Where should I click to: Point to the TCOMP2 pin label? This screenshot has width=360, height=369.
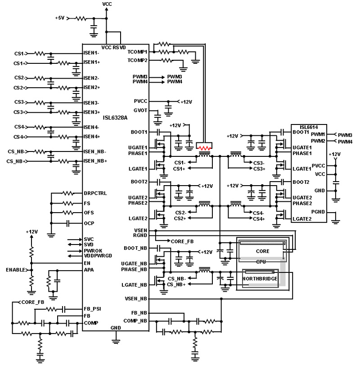(138, 60)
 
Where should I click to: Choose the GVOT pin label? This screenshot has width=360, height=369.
(140, 110)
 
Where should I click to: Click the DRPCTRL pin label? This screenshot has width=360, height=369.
(95, 193)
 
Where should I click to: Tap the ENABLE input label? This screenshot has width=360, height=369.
(15, 270)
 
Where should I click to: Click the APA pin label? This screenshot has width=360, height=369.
(89, 270)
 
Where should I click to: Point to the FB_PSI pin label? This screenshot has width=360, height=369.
(92, 309)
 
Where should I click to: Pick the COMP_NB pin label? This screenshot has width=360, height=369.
(135, 320)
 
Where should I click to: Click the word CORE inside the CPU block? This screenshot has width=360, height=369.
(262, 251)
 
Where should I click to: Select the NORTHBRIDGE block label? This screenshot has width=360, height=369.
(259, 279)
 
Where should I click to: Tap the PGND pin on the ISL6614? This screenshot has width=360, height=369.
(300, 212)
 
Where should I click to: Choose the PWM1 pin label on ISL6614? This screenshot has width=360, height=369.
(318, 134)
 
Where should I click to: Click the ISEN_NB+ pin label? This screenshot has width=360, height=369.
(95, 161)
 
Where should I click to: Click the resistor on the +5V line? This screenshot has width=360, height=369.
(80, 18)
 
